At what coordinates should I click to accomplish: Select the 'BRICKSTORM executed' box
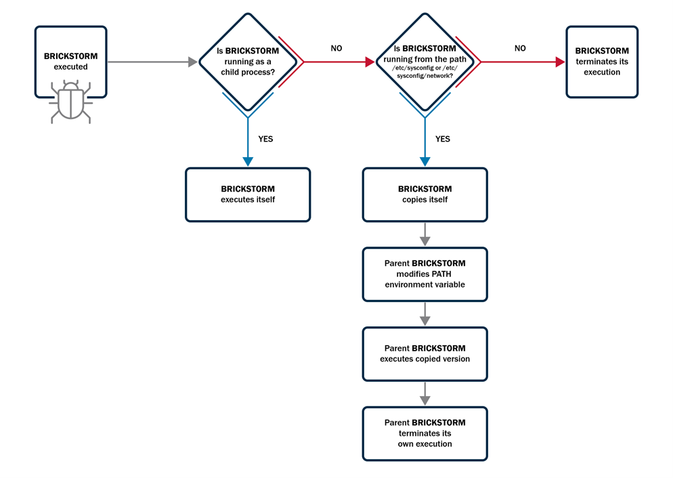coord(71,62)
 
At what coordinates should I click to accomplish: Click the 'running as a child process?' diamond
coord(248,61)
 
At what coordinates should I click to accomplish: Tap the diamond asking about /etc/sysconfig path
coord(425,61)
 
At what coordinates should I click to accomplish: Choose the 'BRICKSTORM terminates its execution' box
coord(602,62)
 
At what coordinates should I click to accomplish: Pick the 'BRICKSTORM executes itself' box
coord(248,194)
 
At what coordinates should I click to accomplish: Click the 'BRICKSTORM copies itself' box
coord(425,194)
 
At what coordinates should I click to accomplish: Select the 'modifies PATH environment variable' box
coord(425,274)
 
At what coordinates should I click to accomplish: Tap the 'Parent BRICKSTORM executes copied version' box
coord(425,353)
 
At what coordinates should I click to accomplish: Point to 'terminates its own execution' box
coord(425,433)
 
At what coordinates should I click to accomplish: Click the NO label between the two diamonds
coord(336,49)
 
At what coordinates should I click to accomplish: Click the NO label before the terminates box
coord(520,49)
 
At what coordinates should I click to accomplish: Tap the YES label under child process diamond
coord(265,139)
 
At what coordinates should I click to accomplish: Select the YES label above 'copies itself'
coord(442,139)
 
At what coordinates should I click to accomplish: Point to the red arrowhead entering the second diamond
coord(370,62)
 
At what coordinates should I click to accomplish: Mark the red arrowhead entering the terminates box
coord(560,62)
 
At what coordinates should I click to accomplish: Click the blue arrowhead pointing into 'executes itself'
coord(248,162)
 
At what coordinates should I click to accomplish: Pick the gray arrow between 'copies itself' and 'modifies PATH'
coord(425,234)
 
